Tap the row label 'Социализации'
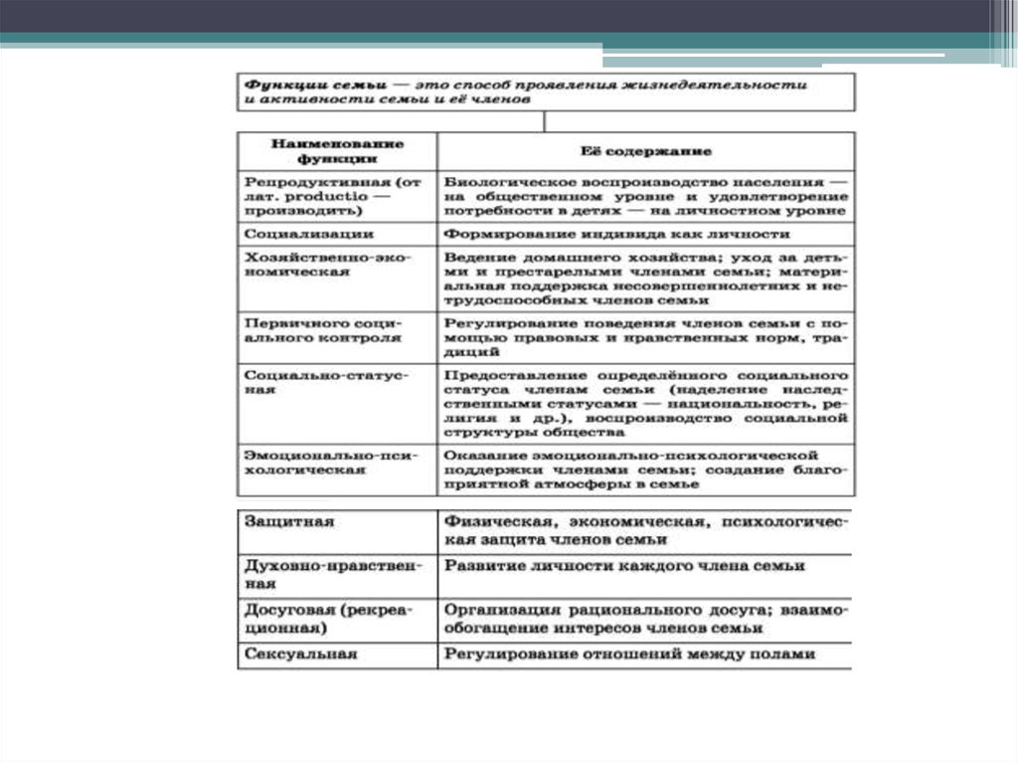[x=294, y=234]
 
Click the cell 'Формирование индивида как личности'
[x=616, y=234]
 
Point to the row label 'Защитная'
[x=289, y=521]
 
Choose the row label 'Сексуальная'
[x=299, y=655]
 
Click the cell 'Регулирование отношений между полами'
[x=629, y=655]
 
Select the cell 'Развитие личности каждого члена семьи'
[x=624, y=565]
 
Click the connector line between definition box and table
[x=544, y=121]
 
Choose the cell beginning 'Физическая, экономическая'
[x=646, y=529]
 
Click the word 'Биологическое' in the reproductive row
[x=495, y=183]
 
